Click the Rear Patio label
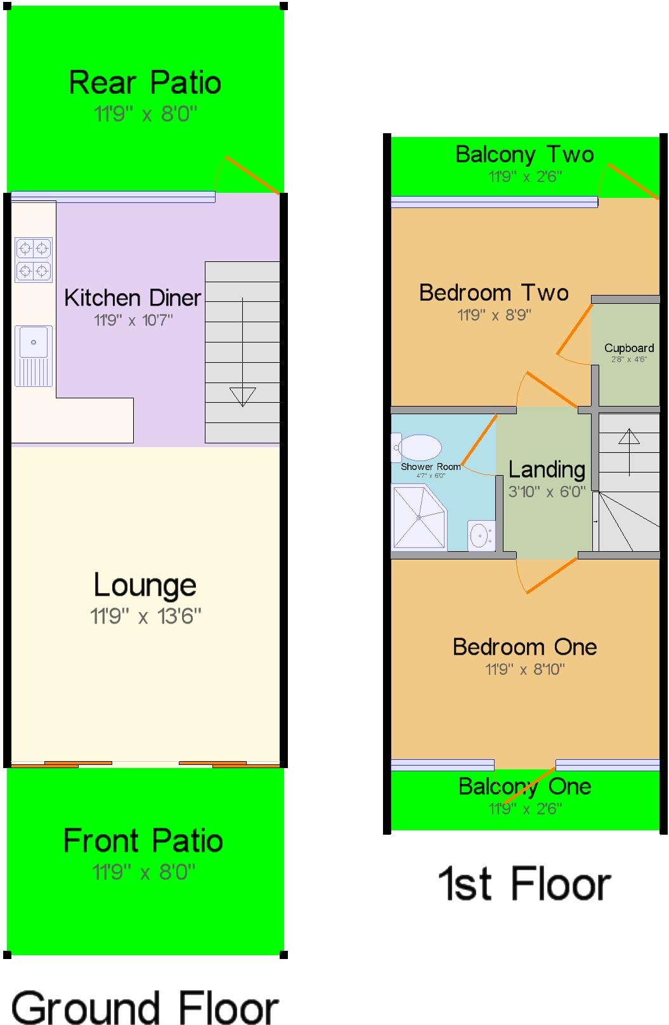pyautogui.click(x=145, y=82)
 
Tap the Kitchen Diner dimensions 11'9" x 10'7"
pyautogui.click(x=133, y=320)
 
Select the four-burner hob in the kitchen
pyautogui.click(x=33, y=259)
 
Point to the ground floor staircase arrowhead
pyautogui.click(x=242, y=396)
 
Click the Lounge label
pyautogui.click(x=145, y=585)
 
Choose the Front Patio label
pyautogui.click(x=143, y=841)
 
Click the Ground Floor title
pyautogui.click(x=145, y=1007)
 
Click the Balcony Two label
pyautogui.click(x=524, y=154)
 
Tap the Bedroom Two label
pyautogui.click(x=493, y=292)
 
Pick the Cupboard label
pyautogui.click(x=628, y=348)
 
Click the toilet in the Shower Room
pyautogui.click(x=417, y=448)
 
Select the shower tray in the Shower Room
pyautogui.click(x=419, y=517)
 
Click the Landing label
pyautogui.click(x=547, y=469)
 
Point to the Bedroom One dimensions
pyautogui.click(x=524, y=669)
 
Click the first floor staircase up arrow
pyautogui.click(x=629, y=437)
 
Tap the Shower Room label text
pyautogui.click(x=431, y=467)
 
